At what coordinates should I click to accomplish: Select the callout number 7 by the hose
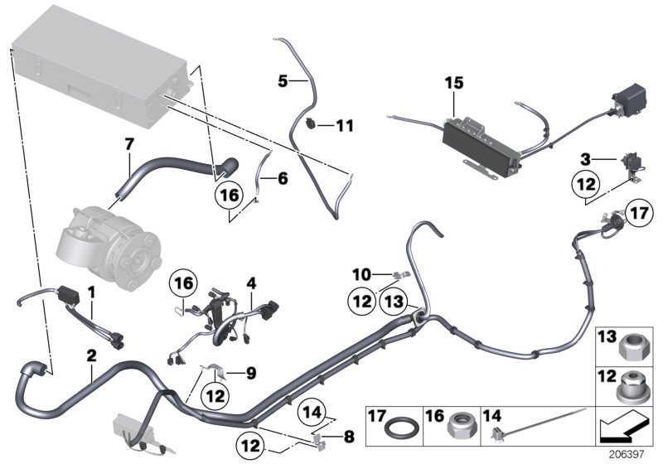pos(128,145)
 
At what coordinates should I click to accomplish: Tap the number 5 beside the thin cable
pos(283,81)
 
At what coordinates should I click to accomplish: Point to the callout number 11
pos(344,125)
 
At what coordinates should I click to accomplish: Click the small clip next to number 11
pos(310,125)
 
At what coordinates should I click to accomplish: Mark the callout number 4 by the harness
pos(249,282)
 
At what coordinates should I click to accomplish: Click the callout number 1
pos(92,292)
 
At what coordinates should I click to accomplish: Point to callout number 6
pos(283,177)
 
